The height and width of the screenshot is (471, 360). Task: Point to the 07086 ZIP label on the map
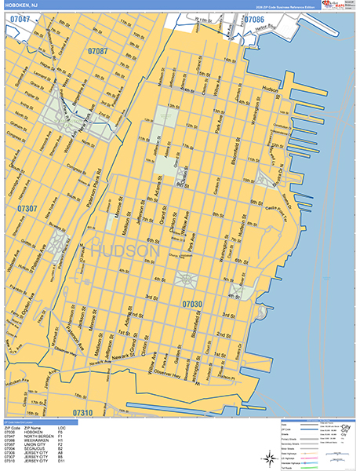click(253, 19)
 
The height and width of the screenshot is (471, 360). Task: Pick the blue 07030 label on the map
click(193, 303)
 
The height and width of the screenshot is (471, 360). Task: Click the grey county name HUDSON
click(125, 250)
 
